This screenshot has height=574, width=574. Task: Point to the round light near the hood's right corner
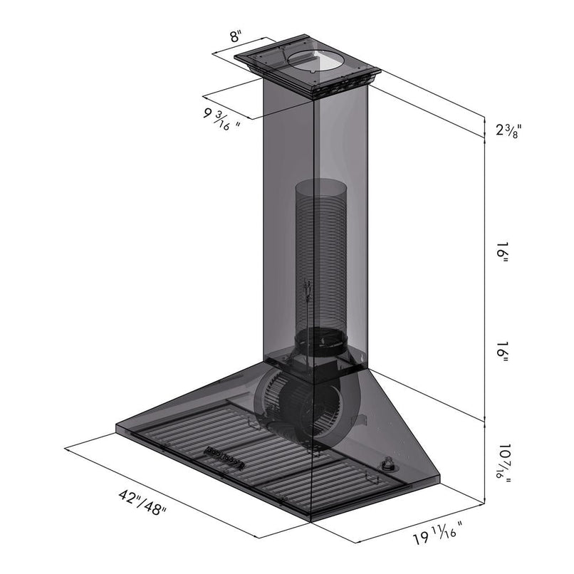click(389, 466)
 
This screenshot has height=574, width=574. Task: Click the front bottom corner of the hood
click(311, 521)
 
